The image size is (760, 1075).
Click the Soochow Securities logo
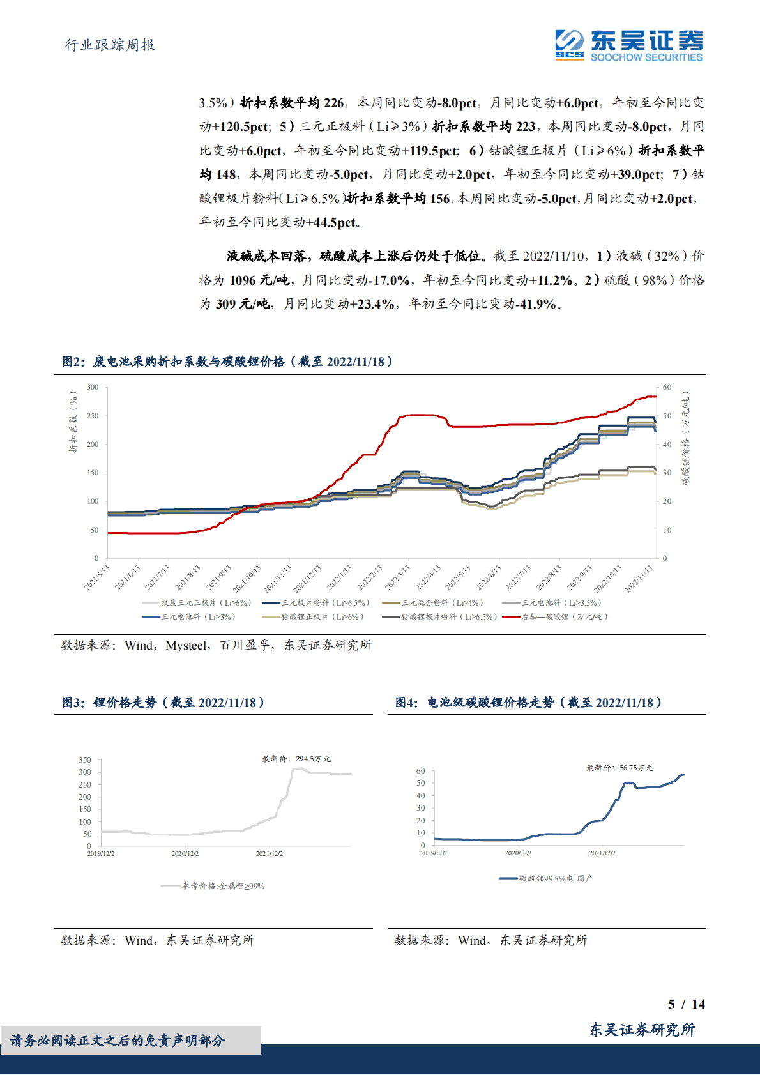628,45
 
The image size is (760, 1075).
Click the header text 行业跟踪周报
110,45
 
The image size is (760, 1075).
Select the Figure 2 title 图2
73,362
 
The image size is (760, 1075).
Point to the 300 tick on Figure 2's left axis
93,387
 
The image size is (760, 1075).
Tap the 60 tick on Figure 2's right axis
667,387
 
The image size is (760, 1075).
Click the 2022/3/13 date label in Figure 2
398,577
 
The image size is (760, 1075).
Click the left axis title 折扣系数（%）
73,422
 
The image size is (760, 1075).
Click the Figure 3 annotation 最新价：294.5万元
296,759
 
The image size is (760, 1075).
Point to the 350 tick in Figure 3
85,760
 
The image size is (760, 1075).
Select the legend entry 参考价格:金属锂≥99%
223,886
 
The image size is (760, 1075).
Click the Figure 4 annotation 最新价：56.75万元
619,768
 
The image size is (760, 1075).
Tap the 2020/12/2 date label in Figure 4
518,853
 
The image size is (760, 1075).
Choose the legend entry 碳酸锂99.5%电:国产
555,878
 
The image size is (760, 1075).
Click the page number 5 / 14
686,1004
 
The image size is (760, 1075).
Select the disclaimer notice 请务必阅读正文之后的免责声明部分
118,1041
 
